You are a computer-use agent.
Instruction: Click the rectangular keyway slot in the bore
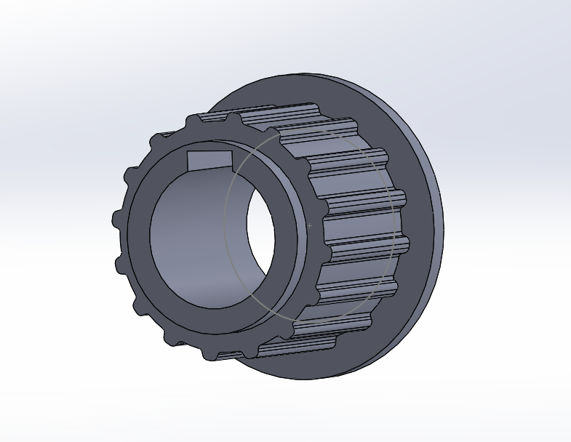(209, 159)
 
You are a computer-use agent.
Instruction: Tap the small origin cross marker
(310, 226)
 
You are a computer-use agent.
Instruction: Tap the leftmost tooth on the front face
(118, 218)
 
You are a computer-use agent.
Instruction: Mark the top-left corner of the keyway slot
(188, 152)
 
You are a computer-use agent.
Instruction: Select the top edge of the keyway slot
(209, 152)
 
